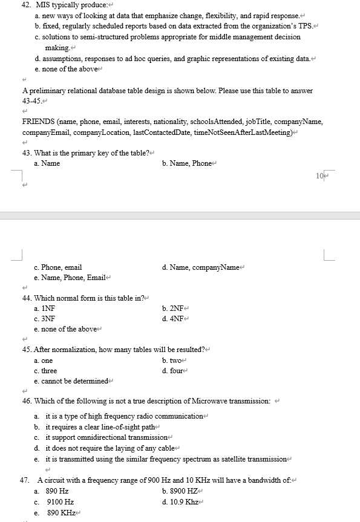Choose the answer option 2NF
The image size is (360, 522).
tap(174, 308)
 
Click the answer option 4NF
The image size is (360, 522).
tap(174, 318)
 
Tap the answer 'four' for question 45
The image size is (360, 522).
tap(173, 371)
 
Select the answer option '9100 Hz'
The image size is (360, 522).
tap(60, 501)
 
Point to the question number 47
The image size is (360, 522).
tap(25, 480)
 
